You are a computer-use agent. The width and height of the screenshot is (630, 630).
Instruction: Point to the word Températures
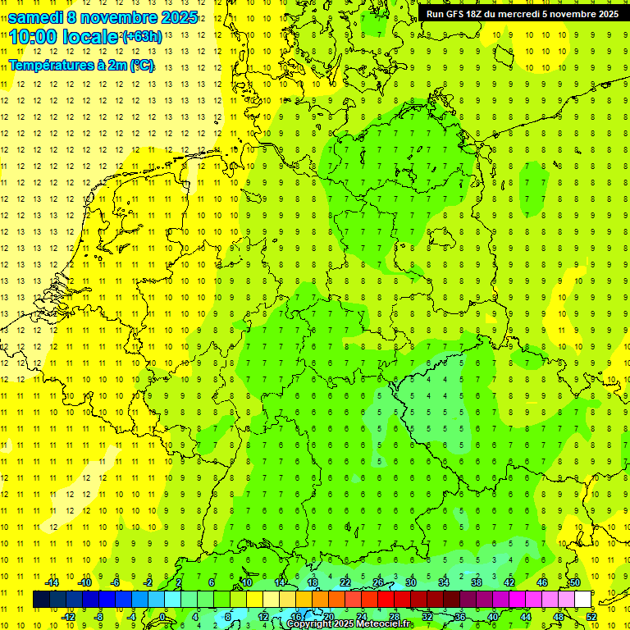(x=56, y=65)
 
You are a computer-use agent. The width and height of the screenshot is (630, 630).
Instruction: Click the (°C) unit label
(x=140, y=65)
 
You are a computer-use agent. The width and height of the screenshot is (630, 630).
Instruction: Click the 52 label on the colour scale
(x=591, y=616)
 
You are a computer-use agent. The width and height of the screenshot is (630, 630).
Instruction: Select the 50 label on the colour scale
(x=575, y=582)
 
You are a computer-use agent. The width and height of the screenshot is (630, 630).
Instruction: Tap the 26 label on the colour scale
(x=378, y=582)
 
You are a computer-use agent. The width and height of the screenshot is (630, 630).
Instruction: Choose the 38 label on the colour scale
(x=477, y=582)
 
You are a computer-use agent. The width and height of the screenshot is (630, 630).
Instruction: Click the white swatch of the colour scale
(x=583, y=599)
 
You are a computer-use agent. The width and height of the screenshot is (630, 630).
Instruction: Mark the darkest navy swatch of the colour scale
(x=41, y=599)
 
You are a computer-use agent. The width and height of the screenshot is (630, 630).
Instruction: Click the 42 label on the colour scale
(x=509, y=582)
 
